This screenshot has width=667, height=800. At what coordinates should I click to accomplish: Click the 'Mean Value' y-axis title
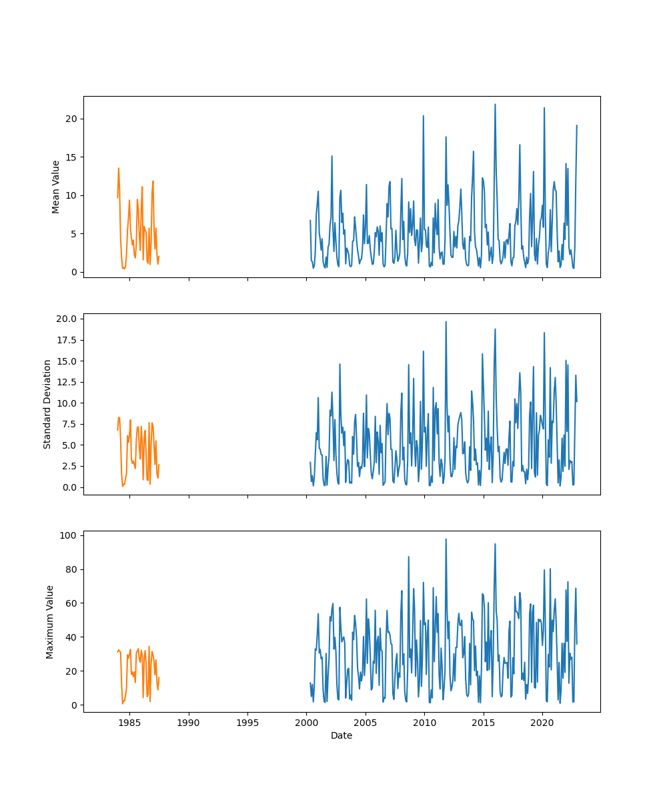click(x=56, y=187)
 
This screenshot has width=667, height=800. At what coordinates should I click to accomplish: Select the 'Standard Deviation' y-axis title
click(x=47, y=404)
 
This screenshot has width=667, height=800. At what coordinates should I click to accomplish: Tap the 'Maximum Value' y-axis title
click(x=50, y=621)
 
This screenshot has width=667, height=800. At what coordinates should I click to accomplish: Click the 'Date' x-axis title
click(x=342, y=735)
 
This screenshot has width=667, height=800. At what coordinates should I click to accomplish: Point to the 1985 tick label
click(x=129, y=723)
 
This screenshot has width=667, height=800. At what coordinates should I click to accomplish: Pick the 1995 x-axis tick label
click(x=247, y=723)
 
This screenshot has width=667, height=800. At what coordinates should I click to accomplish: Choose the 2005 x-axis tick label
click(x=366, y=723)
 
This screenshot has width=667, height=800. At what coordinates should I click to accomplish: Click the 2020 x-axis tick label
click(x=542, y=723)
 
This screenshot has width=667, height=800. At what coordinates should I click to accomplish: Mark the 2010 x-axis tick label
click(x=424, y=723)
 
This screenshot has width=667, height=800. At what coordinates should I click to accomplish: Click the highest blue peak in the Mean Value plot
click(x=495, y=105)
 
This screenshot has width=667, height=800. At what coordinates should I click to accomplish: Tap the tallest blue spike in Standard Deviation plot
click(x=446, y=322)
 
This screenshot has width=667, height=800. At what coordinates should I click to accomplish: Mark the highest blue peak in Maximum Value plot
click(x=446, y=539)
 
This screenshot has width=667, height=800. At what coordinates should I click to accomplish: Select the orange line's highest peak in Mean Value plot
click(x=119, y=169)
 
